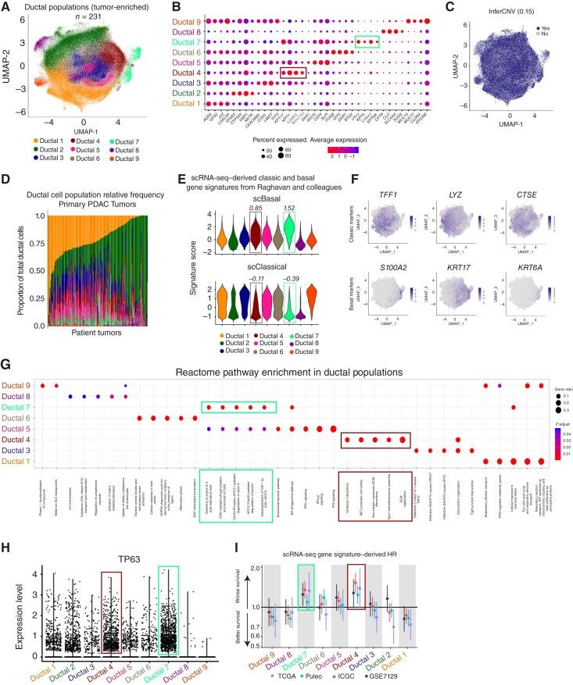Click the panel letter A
[x=6, y=6]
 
